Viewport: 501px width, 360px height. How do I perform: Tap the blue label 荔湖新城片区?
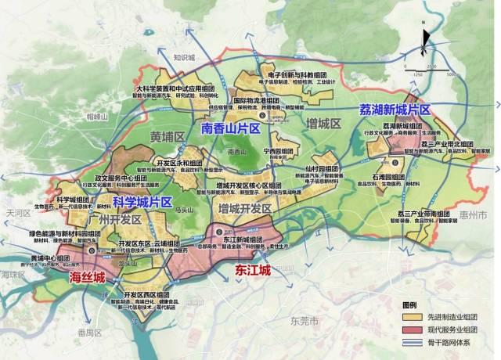coord(395,110)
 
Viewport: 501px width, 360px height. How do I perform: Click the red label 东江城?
coord(253,270)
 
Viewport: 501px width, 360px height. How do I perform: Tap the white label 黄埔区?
coord(166,137)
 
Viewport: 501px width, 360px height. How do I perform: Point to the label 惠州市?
coord(474,214)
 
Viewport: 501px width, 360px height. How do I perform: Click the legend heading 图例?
coord(409,304)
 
